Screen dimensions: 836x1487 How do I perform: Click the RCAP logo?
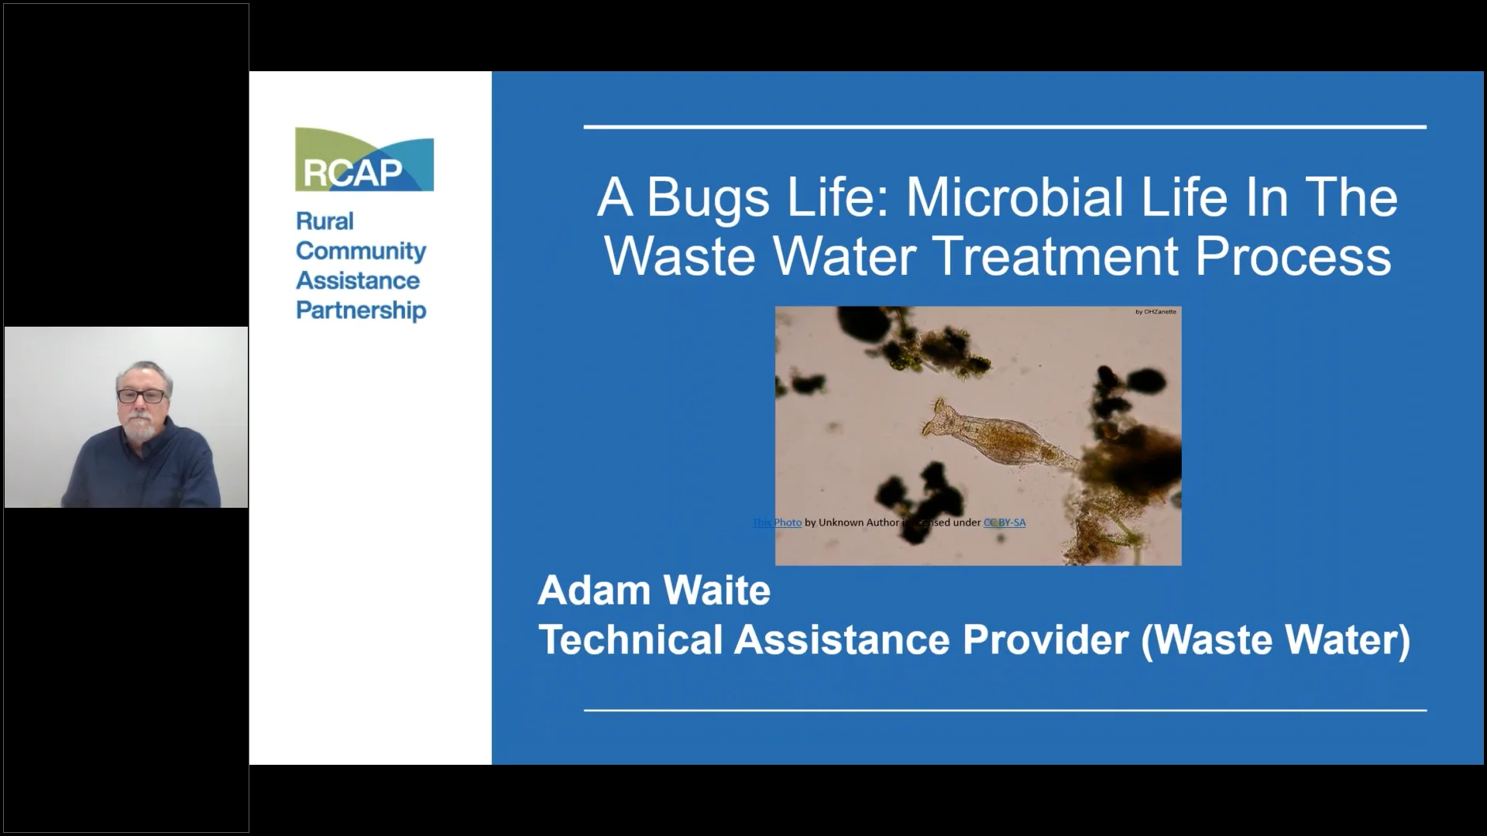click(x=364, y=159)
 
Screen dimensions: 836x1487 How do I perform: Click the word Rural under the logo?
click(x=325, y=221)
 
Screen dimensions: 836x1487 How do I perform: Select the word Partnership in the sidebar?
click(x=361, y=310)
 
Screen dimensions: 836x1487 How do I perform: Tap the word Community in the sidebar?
click(x=361, y=251)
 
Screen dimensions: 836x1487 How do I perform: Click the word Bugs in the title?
click(x=708, y=197)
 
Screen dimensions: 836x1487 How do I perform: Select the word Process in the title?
click(x=1293, y=256)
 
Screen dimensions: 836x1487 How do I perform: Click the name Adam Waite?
click(x=654, y=591)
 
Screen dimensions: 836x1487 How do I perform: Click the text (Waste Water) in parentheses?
click(x=1276, y=640)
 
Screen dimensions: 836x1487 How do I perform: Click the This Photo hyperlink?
click(x=777, y=522)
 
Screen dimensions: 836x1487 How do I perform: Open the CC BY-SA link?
click(x=1004, y=522)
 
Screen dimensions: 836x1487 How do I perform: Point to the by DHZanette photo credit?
click(x=1155, y=312)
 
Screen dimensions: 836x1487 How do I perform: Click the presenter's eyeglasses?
click(x=141, y=396)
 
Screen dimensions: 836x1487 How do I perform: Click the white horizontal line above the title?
click(x=1004, y=127)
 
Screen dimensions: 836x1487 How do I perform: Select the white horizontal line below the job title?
click(x=1004, y=709)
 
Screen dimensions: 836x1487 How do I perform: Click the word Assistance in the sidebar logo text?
click(x=358, y=280)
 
